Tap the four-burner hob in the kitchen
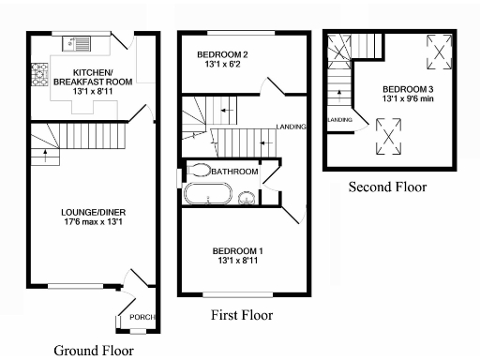click(x=40, y=72)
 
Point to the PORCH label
click(x=142, y=317)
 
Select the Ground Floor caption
click(x=93, y=351)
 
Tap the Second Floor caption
click(x=387, y=187)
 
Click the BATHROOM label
click(x=233, y=172)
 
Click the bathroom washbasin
click(x=247, y=197)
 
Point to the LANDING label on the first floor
click(x=291, y=127)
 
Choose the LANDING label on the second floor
click(x=339, y=120)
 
